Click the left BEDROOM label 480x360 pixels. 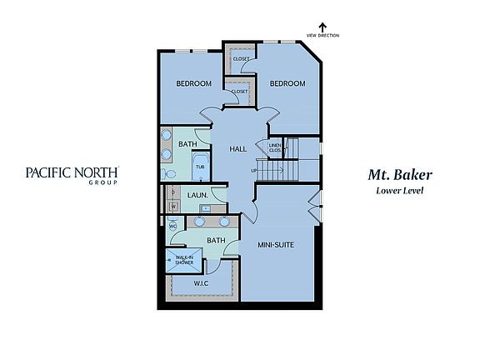(x=193, y=84)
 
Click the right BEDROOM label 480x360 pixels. (x=287, y=84)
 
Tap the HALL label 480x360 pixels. (x=237, y=148)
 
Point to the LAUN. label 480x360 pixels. (x=197, y=195)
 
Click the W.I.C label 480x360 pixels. (x=201, y=282)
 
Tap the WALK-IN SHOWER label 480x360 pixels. (x=185, y=259)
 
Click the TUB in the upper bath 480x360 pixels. (x=200, y=166)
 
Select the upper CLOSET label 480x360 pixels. (x=241, y=59)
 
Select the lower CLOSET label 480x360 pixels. (x=239, y=92)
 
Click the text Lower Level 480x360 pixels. (x=401, y=191)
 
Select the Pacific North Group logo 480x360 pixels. (x=72, y=175)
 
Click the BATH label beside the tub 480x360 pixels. (x=187, y=144)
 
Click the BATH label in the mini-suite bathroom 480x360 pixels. (x=216, y=241)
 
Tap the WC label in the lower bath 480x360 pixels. (x=172, y=225)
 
